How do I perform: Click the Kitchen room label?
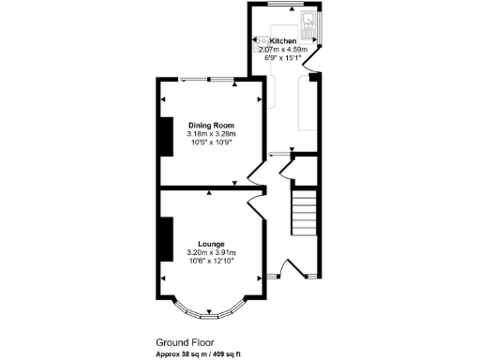tap(283, 41)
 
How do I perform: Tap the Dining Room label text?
tap(211, 125)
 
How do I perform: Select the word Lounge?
tap(211, 245)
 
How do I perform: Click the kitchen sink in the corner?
tap(307, 19)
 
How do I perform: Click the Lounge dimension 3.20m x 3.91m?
tap(211, 253)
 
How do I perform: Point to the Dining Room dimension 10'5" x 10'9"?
tap(211, 142)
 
